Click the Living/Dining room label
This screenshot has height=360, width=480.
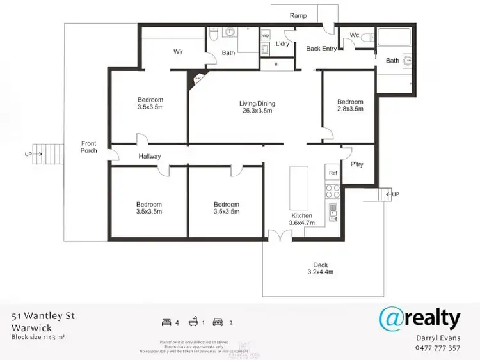tap(255, 106)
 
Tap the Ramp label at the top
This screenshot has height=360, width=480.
tap(298, 15)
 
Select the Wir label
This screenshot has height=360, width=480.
tap(179, 52)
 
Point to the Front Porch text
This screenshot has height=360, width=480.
tap(89, 147)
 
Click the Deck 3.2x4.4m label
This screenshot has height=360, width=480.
tap(320, 269)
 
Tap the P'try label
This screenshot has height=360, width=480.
tap(357, 164)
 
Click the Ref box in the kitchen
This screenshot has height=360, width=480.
tap(333, 173)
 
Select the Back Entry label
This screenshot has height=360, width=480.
tap(321, 49)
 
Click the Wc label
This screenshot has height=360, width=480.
tap(355, 35)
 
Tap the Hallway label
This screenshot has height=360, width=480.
tap(150, 156)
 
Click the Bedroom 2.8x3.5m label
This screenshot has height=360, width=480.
tap(350, 106)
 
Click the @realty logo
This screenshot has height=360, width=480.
tap(419, 318)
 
